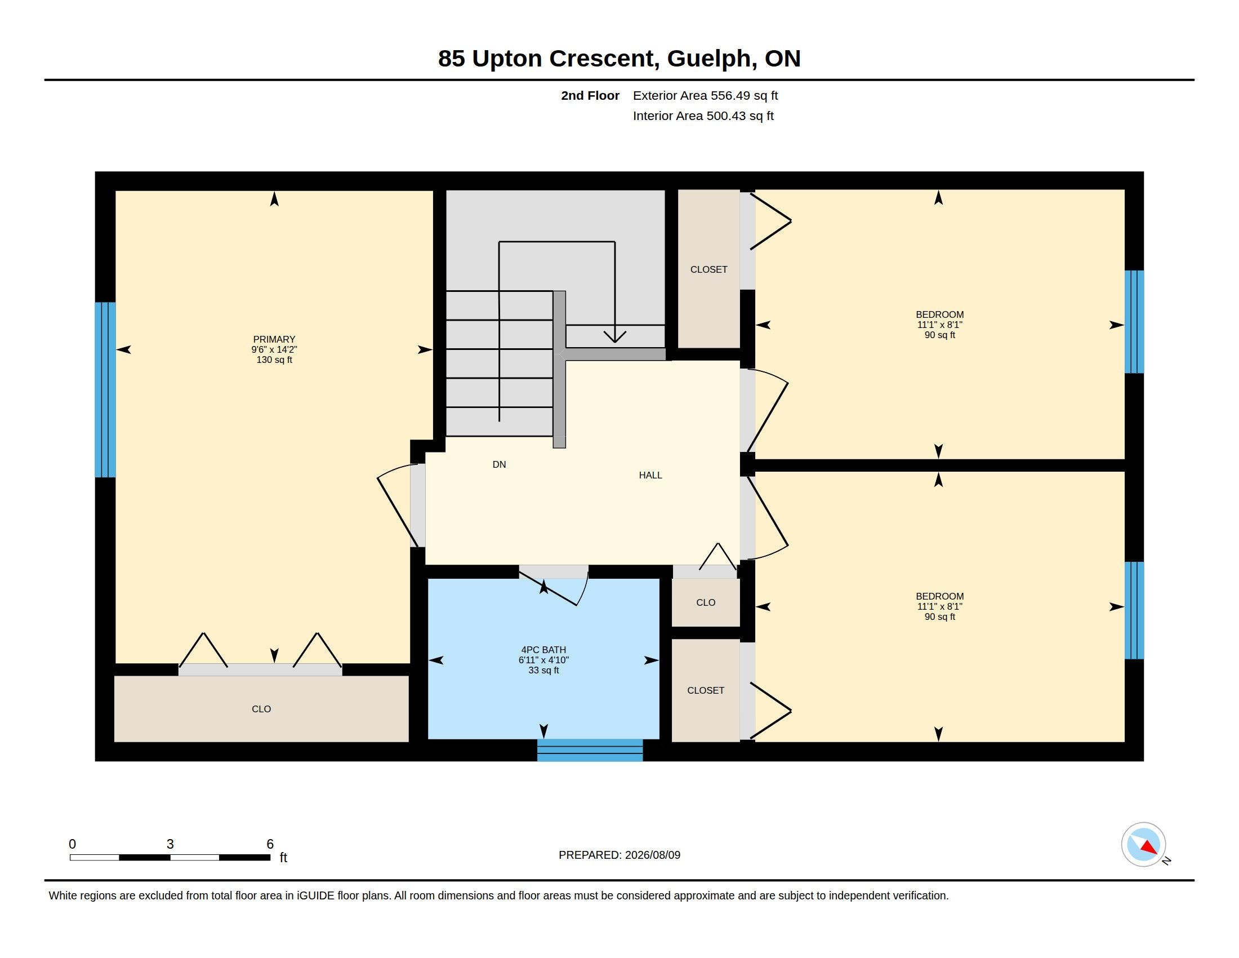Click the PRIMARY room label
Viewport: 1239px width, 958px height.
pos(274,339)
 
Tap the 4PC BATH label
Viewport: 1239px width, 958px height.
pos(543,650)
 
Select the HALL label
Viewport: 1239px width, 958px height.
pos(650,475)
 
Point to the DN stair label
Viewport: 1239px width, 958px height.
pos(499,464)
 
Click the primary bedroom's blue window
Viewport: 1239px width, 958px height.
pos(105,389)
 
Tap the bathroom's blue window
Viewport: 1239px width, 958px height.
pos(590,749)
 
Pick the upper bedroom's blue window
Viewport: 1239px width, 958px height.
pos(1134,322)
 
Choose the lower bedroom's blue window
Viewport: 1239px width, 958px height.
pos(1134,610)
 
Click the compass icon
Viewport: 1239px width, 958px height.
pos(1143,845)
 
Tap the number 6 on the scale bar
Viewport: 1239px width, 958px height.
pos(270,844)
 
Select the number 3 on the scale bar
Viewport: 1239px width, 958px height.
pos(170,844)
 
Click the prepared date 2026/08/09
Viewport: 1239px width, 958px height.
pos(652,855)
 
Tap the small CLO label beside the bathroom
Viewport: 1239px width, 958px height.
pos(706,602)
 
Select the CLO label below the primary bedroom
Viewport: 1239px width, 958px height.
pos(261,709)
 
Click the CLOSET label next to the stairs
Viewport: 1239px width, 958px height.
pos(708,269)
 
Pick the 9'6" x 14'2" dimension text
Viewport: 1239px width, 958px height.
pos(274,349)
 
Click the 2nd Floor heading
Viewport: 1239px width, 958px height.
pos(590,95)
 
